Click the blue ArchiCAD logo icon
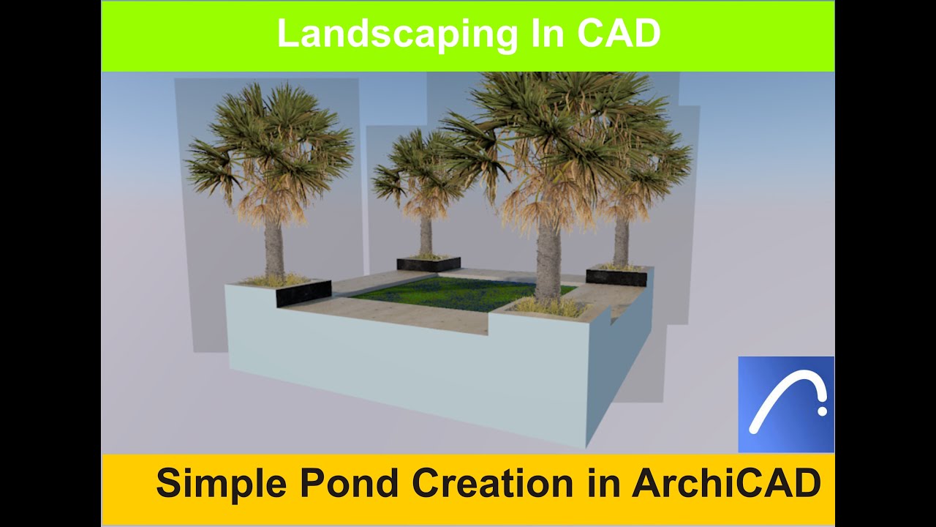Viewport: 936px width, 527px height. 785,404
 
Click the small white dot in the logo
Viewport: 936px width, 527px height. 823,411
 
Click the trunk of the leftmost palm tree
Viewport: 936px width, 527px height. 274,249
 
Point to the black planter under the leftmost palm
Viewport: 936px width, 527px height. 304,293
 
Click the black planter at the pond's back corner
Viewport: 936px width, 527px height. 429,263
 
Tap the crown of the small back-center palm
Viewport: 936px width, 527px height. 420,172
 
